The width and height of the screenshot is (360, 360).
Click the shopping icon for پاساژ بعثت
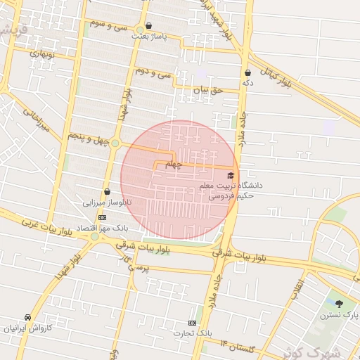(x=148, y=26)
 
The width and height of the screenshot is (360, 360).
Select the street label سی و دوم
(x=154, y=72)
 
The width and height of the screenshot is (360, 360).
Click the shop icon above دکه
(x=247, y=72)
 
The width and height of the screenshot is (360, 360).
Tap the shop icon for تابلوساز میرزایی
(x=107, y=191)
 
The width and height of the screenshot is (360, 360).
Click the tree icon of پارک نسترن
(x=340, y=304)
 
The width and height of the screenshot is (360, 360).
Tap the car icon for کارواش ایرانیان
(x=27, y=317)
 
